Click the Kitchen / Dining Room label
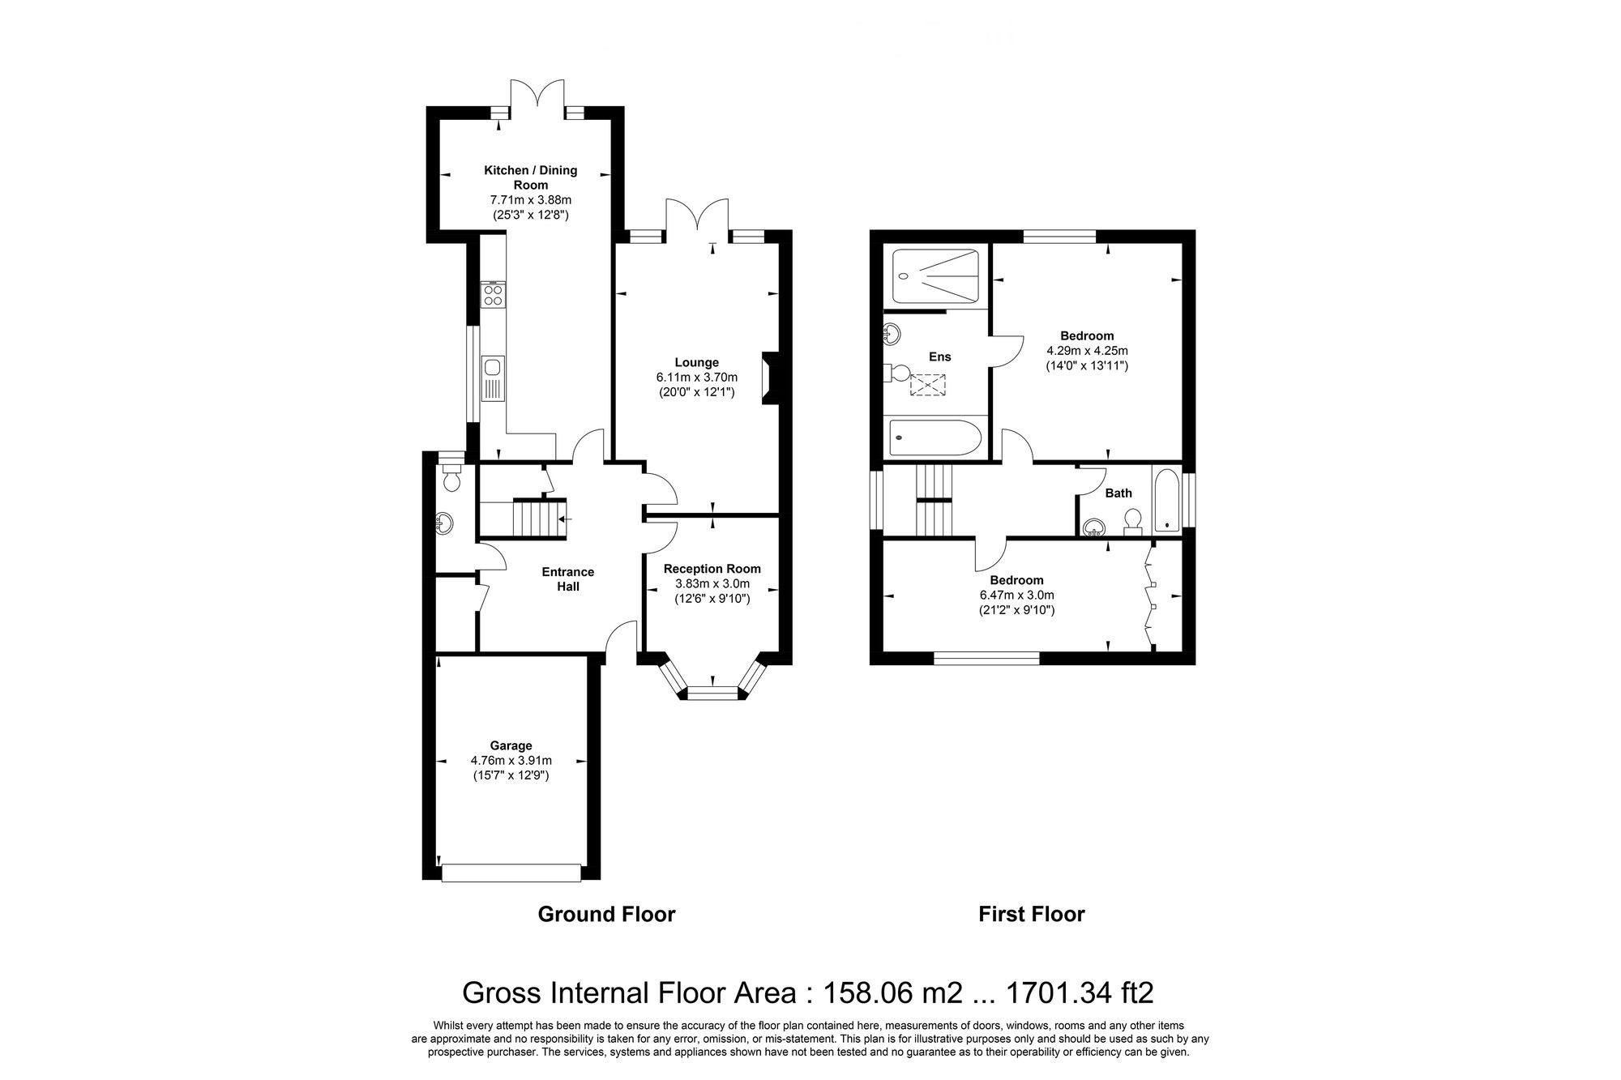point(530,177)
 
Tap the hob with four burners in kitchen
point(493,294)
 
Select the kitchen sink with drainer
point(492,378)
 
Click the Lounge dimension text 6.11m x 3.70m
point(696,377)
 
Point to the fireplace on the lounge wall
point(769,378)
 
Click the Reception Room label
point(712,569)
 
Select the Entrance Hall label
point(567,578)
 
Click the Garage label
point(511,745)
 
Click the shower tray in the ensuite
point(935,276)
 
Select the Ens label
point(939,356)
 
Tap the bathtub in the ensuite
point(935,438)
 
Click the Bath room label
point(1118,493)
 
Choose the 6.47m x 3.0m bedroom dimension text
point(1016,595)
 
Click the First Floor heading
point(1031,914)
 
